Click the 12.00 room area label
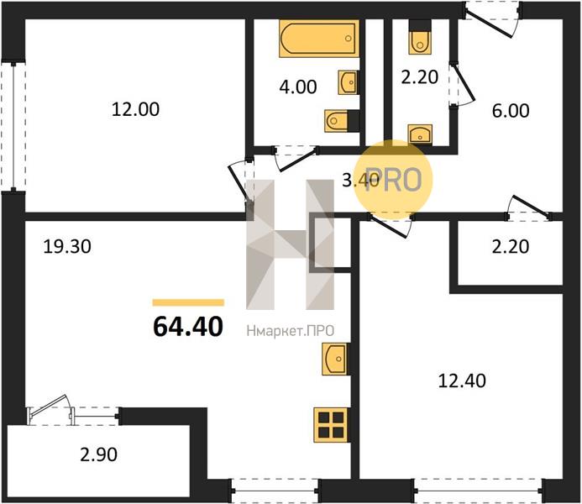(x=135, y=109)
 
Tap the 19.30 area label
(x=67, y=247)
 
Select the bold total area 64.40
(x=188, y=327)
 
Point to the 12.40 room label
(x=462, y=381)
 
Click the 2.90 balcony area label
(x=99, y=454)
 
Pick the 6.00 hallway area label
(x=511, y=111)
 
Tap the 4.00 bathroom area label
(x=298, y=87)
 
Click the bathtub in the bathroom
(x=319, y=39)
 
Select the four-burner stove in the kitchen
(x=331, y=425)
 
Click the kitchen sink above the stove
(x=335, y=359)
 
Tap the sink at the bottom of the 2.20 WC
(x=420, y=134)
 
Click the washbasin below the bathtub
(x=348, y=81)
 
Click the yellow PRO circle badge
(x=392, y=179)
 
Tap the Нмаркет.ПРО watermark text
(x=291, y=331)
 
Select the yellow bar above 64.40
(x=188, y=302)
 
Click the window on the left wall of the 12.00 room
(x=13, y=127)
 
